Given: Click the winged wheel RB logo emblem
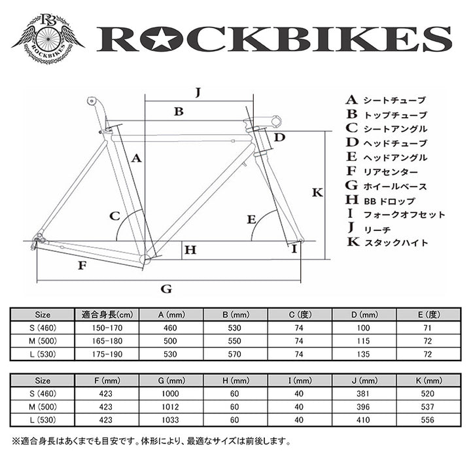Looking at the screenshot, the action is [48, 39].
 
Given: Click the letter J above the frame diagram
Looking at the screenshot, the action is [198, 92].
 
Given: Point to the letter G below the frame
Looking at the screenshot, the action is [166, 289].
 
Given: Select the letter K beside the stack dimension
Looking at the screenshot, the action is [317, 192].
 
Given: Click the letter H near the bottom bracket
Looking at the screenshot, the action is [190, 250].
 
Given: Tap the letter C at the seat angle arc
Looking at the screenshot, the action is [114, 216].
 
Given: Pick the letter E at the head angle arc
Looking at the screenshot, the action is [251, 220].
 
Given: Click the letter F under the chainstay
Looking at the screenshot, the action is [82, 266].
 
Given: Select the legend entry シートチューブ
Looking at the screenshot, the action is [394, 100].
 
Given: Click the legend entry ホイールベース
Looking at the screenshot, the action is [395, 186].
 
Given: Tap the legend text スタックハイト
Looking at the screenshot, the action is [396, 243].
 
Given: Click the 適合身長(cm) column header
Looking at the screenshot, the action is [107, 315].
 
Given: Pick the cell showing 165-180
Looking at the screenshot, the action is [107, 341].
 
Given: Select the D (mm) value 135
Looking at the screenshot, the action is [363, 354].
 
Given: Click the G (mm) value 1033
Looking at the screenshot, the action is [170, 420].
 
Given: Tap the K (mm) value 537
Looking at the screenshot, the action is [427, 407].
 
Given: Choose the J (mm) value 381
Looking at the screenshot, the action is [363, 394].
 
